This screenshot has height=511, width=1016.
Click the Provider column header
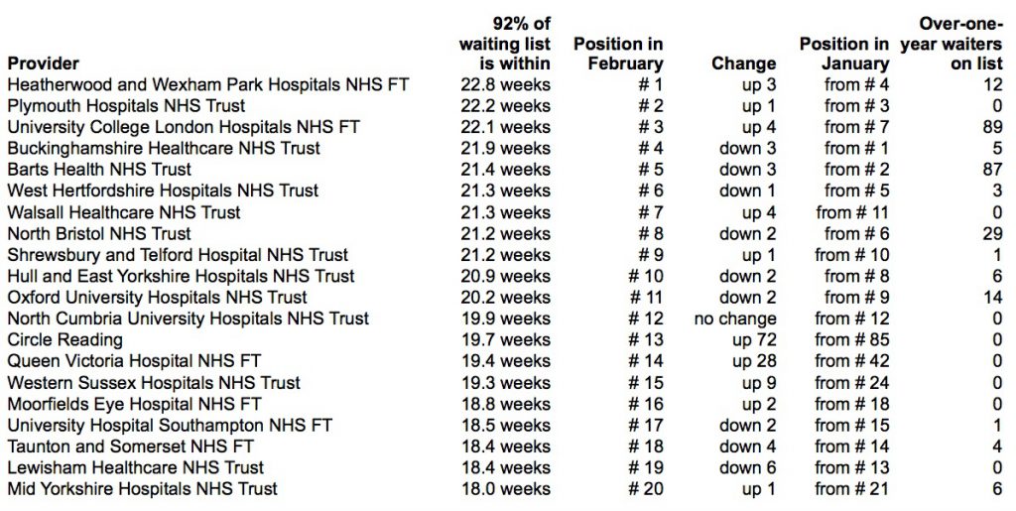44,64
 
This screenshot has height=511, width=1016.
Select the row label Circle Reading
64,340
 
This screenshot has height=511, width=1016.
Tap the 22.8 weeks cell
505,85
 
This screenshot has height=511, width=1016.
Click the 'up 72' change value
754,340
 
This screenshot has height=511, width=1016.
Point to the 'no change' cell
735,319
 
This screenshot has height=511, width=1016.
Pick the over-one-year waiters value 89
992,127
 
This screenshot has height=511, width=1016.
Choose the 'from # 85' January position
852,340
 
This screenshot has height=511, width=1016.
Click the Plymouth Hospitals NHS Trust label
126,105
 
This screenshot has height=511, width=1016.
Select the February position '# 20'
645,489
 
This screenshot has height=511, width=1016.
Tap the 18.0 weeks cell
505,489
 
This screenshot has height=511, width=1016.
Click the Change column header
744,64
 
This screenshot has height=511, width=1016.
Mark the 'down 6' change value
748,467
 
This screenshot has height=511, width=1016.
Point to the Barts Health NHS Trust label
99,170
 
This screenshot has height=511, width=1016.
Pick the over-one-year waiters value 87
992,170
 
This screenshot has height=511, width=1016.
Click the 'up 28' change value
754,361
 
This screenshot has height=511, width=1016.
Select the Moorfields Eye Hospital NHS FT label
134,404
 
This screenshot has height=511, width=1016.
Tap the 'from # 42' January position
852,361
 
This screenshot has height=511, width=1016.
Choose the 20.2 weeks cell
505,298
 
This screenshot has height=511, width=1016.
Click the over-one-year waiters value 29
992,234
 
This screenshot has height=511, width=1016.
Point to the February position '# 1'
651,85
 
